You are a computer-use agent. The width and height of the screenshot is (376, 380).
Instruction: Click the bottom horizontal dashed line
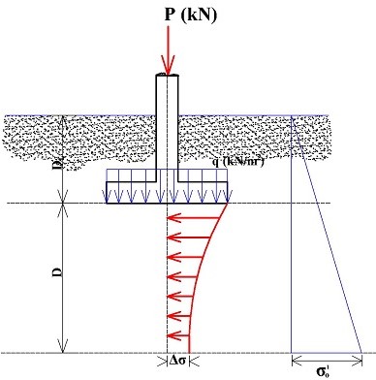point(97,353)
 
